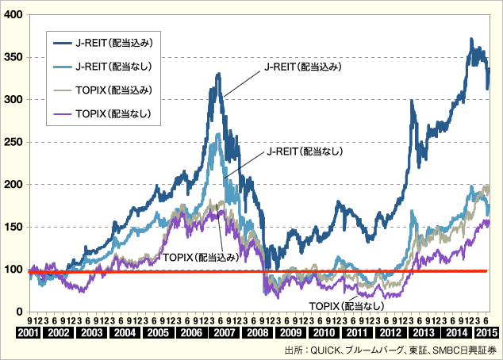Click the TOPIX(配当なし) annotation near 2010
pos(345,305)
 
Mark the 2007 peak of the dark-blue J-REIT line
pos(218,74)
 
